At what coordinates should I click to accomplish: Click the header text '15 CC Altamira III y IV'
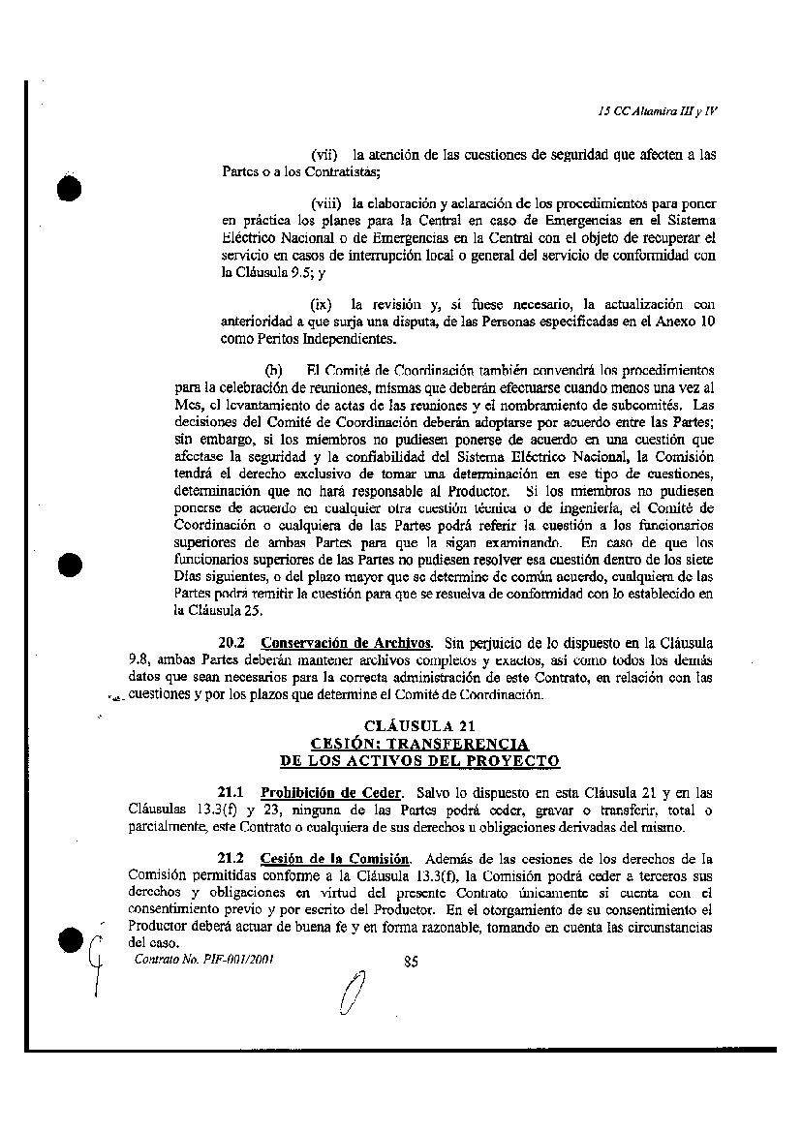tap(658, 110)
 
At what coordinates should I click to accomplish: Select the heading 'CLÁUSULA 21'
tap(419, 726)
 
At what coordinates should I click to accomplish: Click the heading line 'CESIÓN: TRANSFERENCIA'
tap(419, 744)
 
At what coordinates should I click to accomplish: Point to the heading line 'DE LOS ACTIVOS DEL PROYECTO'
tap(419, 761)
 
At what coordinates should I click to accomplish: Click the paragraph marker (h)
tap(274, 370)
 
